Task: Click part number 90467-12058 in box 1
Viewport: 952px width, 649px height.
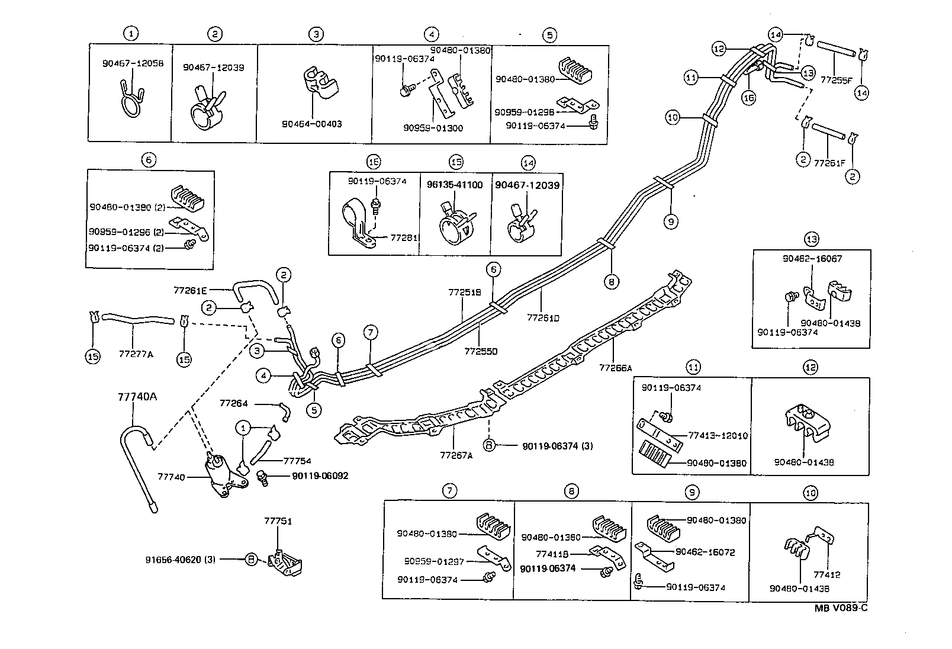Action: (133, 63)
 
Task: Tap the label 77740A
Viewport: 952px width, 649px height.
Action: (136, 397)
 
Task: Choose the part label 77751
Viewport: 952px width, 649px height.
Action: (278, 522)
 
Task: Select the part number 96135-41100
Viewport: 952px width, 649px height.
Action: (455, 185)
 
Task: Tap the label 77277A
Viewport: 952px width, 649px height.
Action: (136, 354)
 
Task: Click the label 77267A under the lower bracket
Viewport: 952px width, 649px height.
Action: (456, 455)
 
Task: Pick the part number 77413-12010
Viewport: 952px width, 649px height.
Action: (718, 436)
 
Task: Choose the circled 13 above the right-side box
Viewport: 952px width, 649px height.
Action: (811, 239)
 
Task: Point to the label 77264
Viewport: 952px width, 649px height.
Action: (233, 403)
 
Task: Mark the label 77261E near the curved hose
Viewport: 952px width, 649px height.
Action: (190, 290)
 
